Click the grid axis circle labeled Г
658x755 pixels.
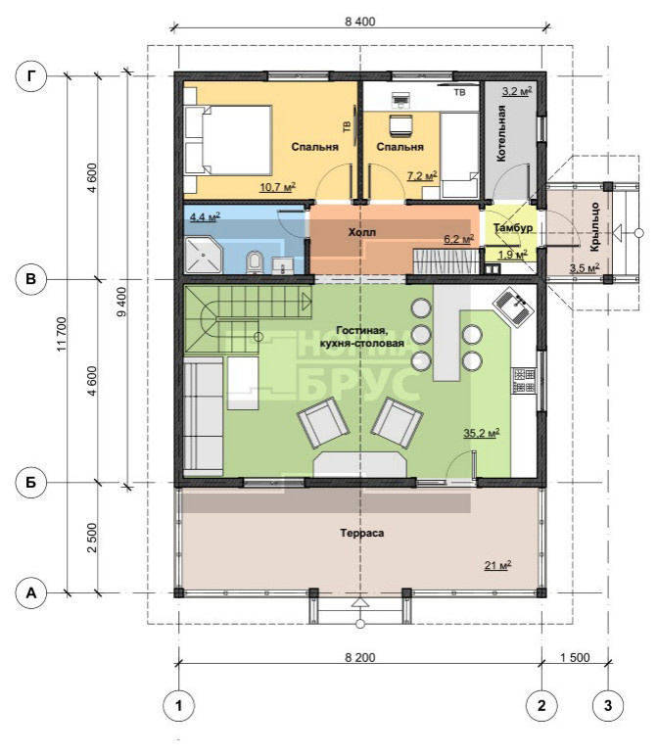click(x=31, y=76)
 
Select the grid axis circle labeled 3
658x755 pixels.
click(x=607, y=705)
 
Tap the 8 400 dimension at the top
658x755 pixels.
click(x=360, y=22)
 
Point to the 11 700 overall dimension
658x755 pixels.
click(x=62, y=334)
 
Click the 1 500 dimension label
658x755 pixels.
click(x=575, y=657)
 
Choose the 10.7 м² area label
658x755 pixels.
click(x=278, y=186)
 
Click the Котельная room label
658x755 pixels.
click(x=501, y=133)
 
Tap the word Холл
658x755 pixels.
click(x=362, y=232)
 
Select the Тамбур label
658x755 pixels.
click(x=513, y=228)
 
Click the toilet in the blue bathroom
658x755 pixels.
click(x=254, y=262)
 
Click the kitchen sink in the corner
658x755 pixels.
click(x=513, y=307)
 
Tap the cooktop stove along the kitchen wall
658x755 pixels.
click(x=524, y=380)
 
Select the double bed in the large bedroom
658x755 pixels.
click(x=228, y=140)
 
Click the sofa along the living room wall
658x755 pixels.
click(x=204, y=416)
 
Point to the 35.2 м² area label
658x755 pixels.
click(x=482, y=433)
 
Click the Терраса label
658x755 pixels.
click(x=362, y=533)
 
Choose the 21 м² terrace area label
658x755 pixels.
click(x=497, y=565)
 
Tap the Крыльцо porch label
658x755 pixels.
click(x=595, y=226)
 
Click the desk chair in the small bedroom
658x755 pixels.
click(x=401, y=124)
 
